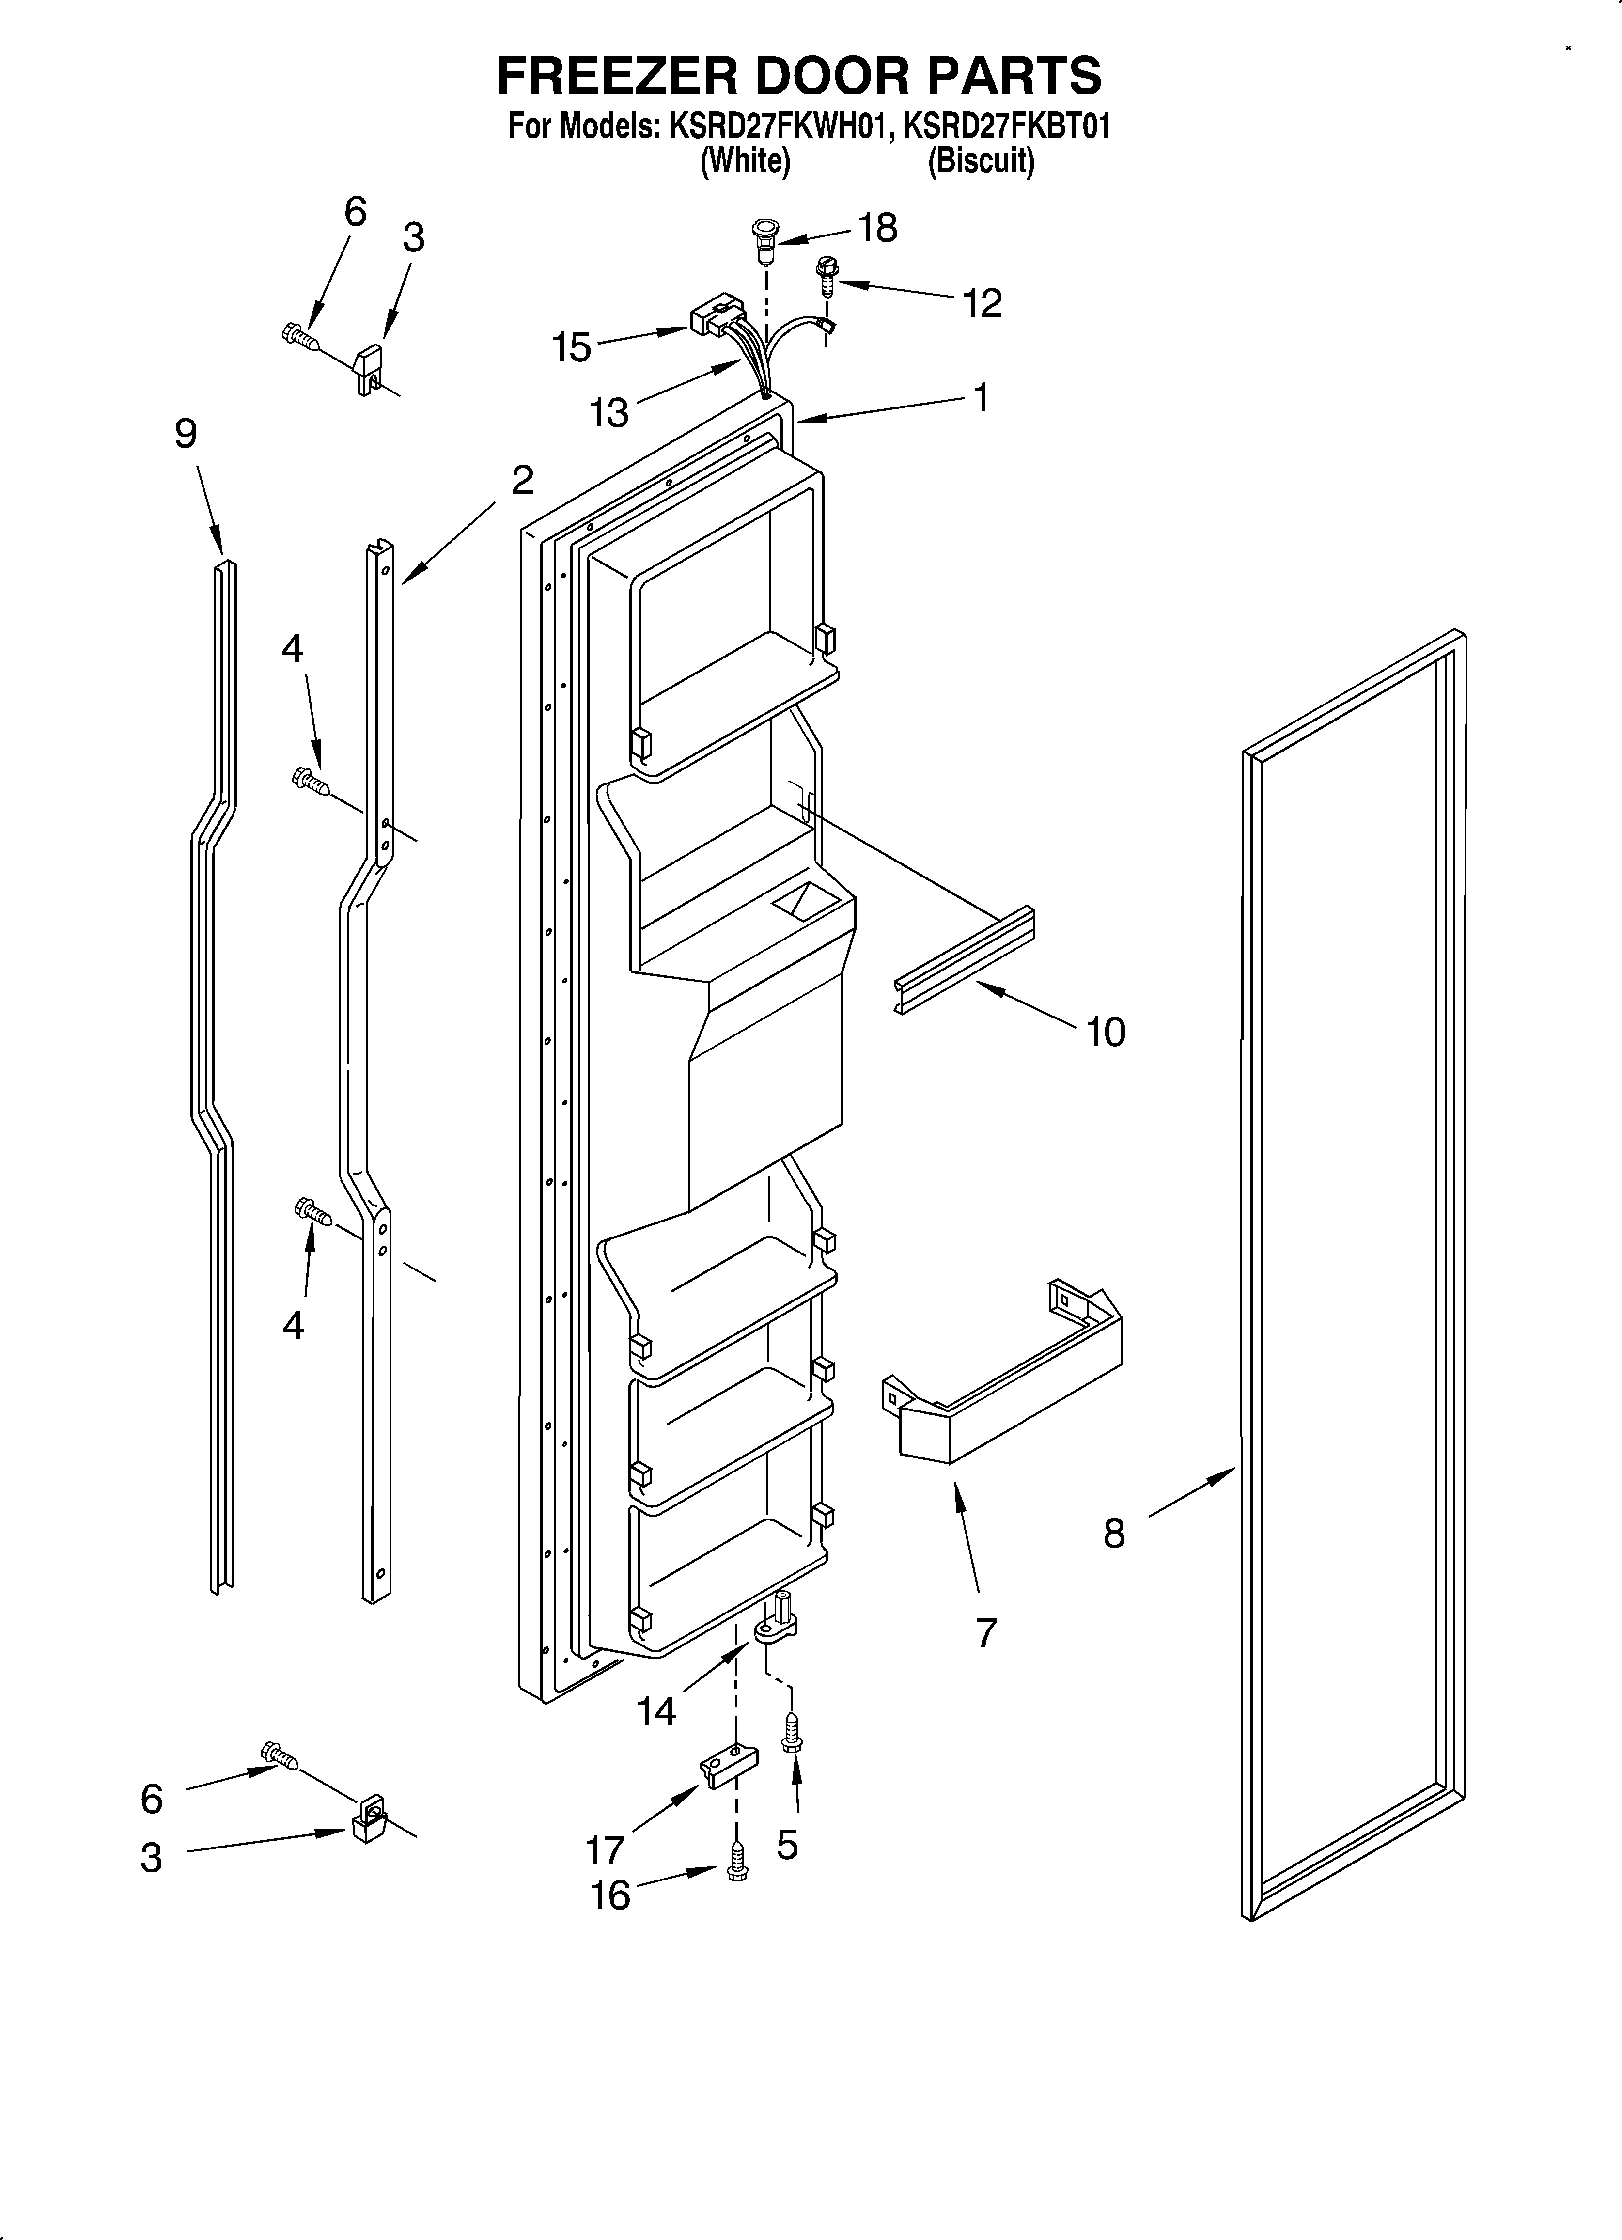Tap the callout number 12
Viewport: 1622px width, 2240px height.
pyautogui.click(x=982, y=303)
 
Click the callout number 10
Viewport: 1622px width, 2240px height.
pyautogui.click(x=1106, y=1032)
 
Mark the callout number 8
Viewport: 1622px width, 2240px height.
pyautogui.click(x=1113, y=1534)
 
